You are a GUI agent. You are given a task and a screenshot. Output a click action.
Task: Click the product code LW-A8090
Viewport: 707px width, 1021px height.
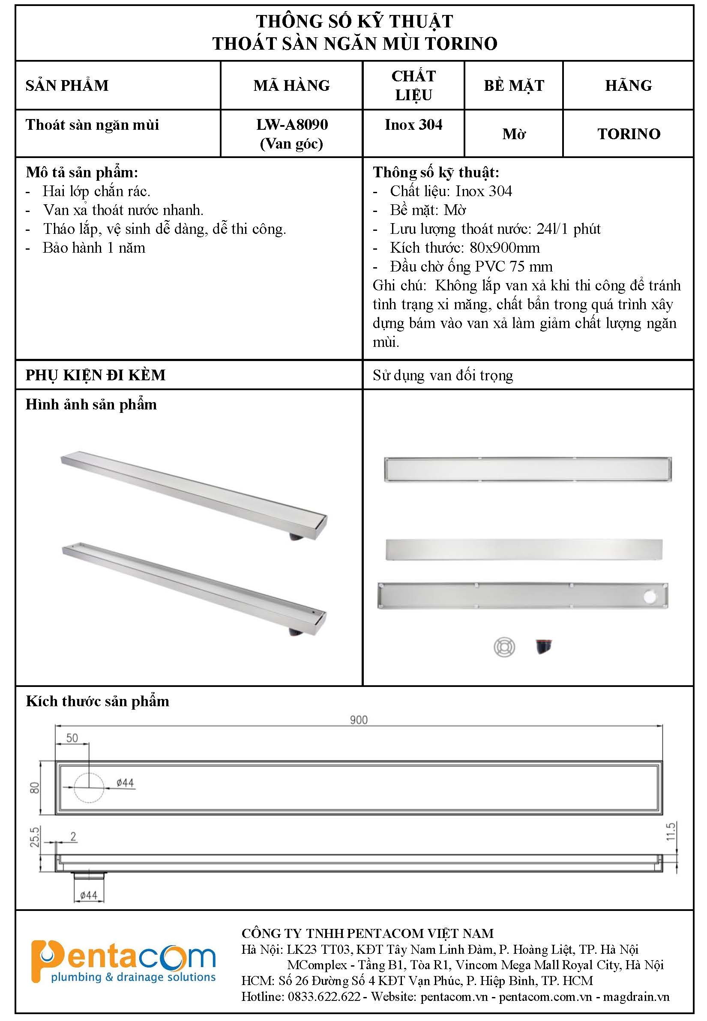pyautogui.click(x=292, y=125)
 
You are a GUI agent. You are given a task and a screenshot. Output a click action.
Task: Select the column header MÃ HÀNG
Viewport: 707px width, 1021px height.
pyautogui.click(x=291, y=86)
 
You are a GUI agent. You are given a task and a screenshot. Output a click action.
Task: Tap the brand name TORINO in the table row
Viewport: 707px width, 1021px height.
pyautogui.click(x=629, y=134)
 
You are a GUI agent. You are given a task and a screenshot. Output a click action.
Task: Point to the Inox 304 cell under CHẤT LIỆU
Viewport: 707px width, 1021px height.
pyautogui.click(x=413, y=125)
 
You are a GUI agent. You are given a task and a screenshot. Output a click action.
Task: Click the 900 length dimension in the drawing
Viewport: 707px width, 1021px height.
pyautogui.click(x=358, y=720)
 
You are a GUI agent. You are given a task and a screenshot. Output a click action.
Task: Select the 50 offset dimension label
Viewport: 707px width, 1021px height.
pyautogui.click(x=72, y=738)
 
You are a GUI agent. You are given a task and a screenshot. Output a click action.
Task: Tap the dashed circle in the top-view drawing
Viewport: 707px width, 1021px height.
pyautogui.click(x=89, y=788)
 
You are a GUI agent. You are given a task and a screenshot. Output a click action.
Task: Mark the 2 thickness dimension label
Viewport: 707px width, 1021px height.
pyautogui.click(x=74, y=836)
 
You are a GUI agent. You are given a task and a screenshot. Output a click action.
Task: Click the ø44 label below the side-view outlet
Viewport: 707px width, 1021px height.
pyautogui.click(x=89, y=895)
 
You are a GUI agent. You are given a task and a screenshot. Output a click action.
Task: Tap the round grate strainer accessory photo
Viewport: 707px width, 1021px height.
pyautogui.click(x=504, y=647)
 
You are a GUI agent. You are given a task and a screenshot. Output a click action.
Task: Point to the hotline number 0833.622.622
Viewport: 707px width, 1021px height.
pyautogui.click(x=324, y=997)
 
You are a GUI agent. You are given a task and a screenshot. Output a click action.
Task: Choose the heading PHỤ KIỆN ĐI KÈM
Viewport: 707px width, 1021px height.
pyautogui.click(x=96, y=375)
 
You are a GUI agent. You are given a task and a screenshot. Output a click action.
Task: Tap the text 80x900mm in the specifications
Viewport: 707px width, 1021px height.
pyautogui.click(x=505, y=248)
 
